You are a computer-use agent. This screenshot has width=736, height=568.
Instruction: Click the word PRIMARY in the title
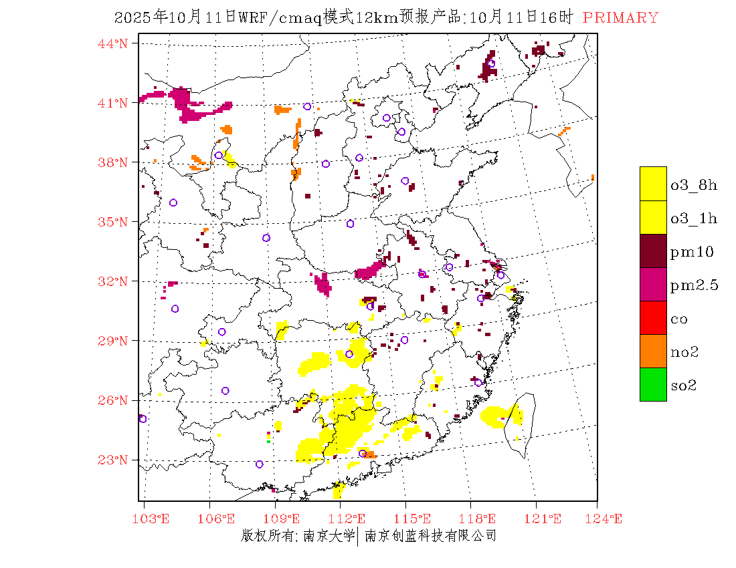pyautogui.click(x=620, y=18)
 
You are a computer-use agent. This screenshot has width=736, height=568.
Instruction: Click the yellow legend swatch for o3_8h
pyautogui.click(x=653, y=184)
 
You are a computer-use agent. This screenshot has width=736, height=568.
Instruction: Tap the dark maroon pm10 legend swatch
pyautogui.click(x=653, y=251)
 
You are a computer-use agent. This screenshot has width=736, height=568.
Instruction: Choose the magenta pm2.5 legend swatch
pyautogui.click(x=653, y=285)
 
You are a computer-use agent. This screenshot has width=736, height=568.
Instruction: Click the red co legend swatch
pyautogui.click(x=653, y=318)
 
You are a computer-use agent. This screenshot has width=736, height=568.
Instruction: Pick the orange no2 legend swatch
pyautogui.click(x=653, y=351)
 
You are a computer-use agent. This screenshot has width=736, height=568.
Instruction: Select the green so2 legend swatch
pyautogui.click(x=653, y=385)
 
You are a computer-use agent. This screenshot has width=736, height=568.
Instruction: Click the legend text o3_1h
pyautogui.click(x=694, y=219)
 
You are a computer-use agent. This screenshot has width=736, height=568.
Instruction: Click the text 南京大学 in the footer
pyautogui.click(x=329, y=536)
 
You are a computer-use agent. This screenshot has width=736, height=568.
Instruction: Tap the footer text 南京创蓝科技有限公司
pyautogui.click(x=430, y=536)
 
